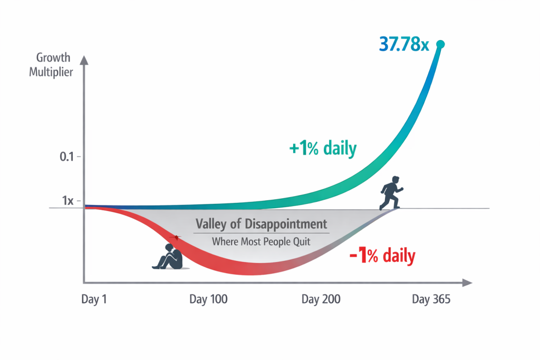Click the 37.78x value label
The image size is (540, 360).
point(404,45)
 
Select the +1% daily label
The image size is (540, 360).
point(323,149)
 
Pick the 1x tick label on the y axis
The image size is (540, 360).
point(67,201)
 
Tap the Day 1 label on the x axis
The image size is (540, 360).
point(95,299)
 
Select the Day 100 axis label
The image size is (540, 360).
point(208,299)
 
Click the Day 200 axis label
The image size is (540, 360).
point(321,299)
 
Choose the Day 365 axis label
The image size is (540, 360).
point(431,299)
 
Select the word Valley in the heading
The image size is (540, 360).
point(211,223)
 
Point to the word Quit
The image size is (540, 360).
point(303,242)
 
